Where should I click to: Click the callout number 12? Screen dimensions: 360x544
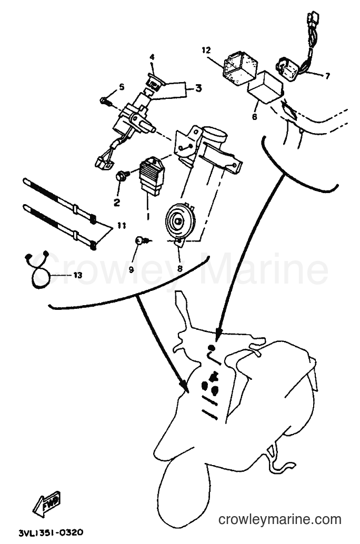(206, 51)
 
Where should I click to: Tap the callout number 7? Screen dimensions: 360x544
(327, 76)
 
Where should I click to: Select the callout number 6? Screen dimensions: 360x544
(254, 117)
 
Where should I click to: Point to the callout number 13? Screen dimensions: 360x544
(77, 275)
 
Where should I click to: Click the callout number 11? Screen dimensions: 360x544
(121, 226)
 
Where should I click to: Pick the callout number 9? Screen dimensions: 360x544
(131, 269)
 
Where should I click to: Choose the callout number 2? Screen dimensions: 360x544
(117, 202)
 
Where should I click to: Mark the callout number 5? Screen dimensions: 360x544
(121, 87)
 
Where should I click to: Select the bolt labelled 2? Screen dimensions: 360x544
(122, 176)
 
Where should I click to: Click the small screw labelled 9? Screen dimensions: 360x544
(142, 240)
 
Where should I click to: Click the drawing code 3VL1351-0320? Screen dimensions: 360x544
(51, 532)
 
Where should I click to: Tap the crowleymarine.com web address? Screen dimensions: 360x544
(280, 519)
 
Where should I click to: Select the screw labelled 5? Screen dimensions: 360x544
(104, 101)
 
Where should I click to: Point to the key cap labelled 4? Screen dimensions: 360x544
(155, 82)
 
